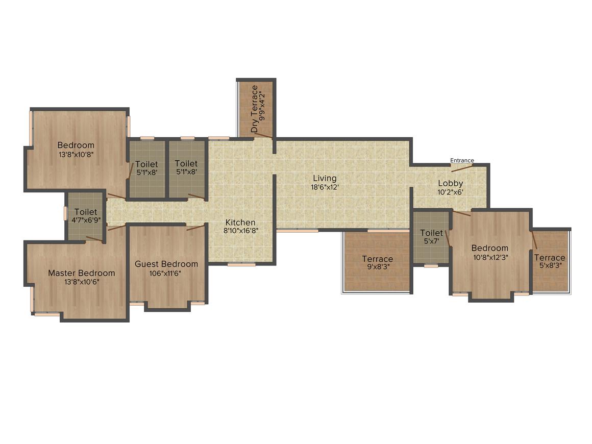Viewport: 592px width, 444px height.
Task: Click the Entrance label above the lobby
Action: point(462,160)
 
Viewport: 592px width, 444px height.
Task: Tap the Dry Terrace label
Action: point(255,109)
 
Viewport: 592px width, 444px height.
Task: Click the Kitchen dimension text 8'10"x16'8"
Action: point(241,231)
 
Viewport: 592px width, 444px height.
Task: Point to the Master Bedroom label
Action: point(82,273)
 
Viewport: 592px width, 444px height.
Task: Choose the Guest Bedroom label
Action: point(166,264)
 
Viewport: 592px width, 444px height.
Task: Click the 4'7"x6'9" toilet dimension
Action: point(86,220)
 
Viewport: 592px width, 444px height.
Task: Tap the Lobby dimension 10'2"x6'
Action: point(451,192)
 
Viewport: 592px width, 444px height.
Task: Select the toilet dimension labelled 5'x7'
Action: point(432,241)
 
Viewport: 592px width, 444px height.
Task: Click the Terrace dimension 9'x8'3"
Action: point(378,267)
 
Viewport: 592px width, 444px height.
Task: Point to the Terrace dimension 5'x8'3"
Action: point(550,265)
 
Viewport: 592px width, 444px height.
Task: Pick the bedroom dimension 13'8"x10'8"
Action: point(76,155)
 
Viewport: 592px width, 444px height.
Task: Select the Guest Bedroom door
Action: point(195,227)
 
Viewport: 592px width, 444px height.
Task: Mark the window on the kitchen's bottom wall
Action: point(241,264)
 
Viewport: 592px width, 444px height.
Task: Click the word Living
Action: point(325,178)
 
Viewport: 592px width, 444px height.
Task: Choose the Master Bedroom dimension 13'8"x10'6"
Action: point(82,282)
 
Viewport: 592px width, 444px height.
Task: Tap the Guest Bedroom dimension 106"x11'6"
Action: point(165,274)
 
